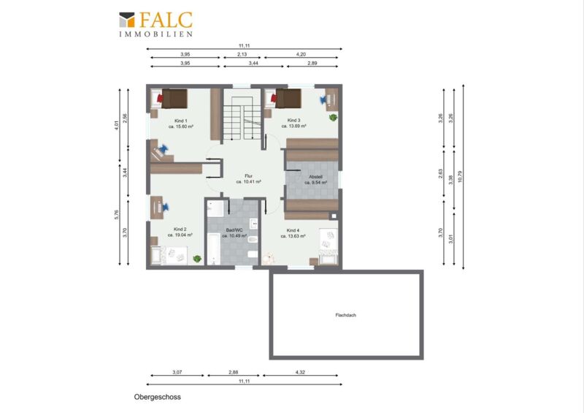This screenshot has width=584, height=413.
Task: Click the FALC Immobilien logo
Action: click(x=155, y=25)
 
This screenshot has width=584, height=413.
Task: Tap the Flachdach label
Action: click(x=345, y=315)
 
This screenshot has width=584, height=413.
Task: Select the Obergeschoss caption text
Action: click(x=158, y=397)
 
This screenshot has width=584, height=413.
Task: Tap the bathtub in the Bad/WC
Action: click(x=214, y=249)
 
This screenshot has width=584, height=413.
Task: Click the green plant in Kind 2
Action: click(x=197, y=259)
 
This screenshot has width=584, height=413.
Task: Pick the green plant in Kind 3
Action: click(x=333, y=118)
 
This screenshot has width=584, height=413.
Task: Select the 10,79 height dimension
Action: click(x=460, y=176)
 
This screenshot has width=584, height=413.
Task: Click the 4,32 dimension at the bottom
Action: click(x=300, y=372)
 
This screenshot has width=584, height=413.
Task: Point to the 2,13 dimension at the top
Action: click(x=242, y=55)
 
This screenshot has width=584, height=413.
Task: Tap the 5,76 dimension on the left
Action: click(x=117, y=215)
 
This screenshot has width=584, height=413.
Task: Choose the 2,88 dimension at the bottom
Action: click(x=233, y=372)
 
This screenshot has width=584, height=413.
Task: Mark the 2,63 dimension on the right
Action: click(x=441, y=174)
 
